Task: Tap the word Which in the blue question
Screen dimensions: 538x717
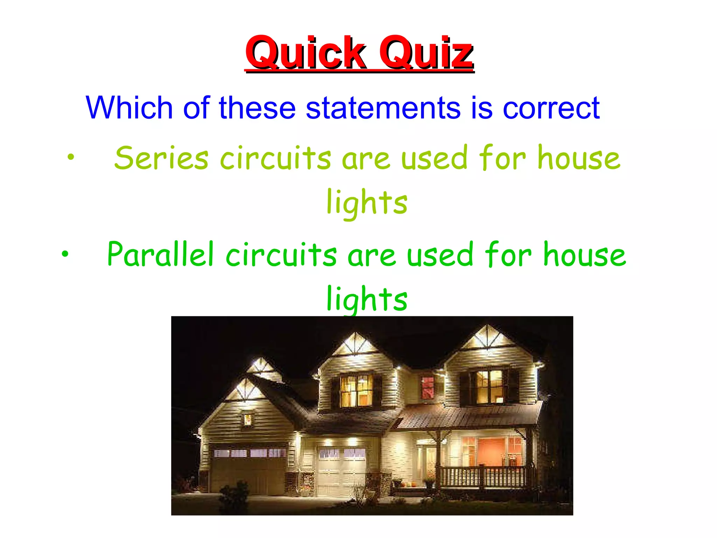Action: (x=129, y=108)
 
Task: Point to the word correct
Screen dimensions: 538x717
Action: (x=551, y=108)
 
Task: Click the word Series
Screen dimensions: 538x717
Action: (x=161, y=158)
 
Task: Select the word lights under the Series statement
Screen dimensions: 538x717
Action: (x=367, y=203)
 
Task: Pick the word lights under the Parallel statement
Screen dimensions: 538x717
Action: (x=367, y=299)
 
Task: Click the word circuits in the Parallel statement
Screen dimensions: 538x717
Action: (x=281, y=255)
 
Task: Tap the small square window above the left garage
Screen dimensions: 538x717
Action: (x=247, y=419)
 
